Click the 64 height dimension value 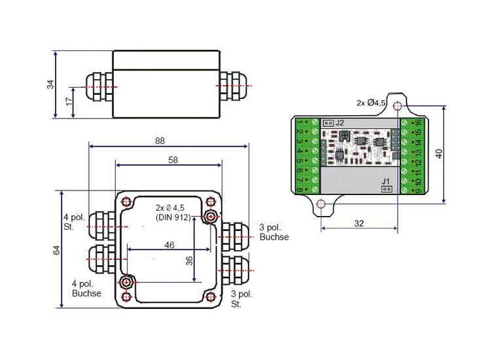pos(56,250)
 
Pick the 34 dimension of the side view pos(50,85)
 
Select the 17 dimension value pos(68,103)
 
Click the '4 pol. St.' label pos(73,222)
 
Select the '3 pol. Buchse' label pos(274,232)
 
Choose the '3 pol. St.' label pos(242,299)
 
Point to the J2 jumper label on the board pos(340,123)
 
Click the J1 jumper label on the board pos(386,181)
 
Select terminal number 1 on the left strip pos(299,122)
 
